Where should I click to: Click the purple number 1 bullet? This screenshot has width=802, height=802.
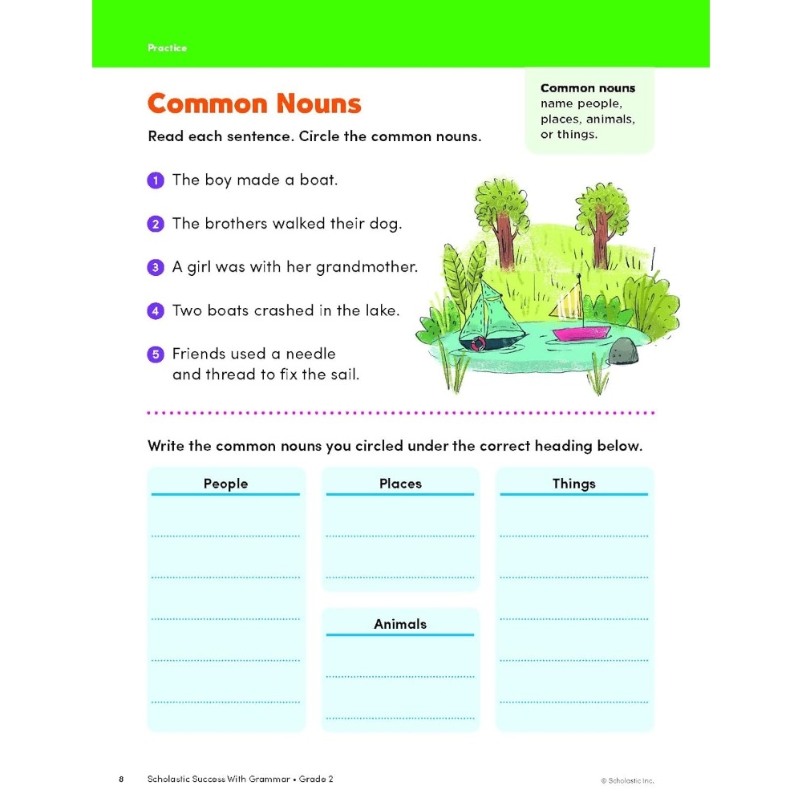[155, 180]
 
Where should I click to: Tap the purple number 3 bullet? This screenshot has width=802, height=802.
[155, 267]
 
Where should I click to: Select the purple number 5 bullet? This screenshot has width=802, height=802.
[155, 354]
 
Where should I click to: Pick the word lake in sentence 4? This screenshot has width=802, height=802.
[381, 310]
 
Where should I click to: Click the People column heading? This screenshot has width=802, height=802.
[225, 484]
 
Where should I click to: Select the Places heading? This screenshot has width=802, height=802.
[400, 484]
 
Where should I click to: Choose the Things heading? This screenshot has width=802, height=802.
[574, 484]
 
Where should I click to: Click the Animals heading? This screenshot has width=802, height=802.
[400, 624]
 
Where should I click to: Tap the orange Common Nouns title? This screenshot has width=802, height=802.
[254, 104]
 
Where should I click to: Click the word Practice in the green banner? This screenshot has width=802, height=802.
[167, 48]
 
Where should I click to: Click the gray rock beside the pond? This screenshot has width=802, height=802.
[622, 350]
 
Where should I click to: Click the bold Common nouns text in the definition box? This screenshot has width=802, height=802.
[588, 88]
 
